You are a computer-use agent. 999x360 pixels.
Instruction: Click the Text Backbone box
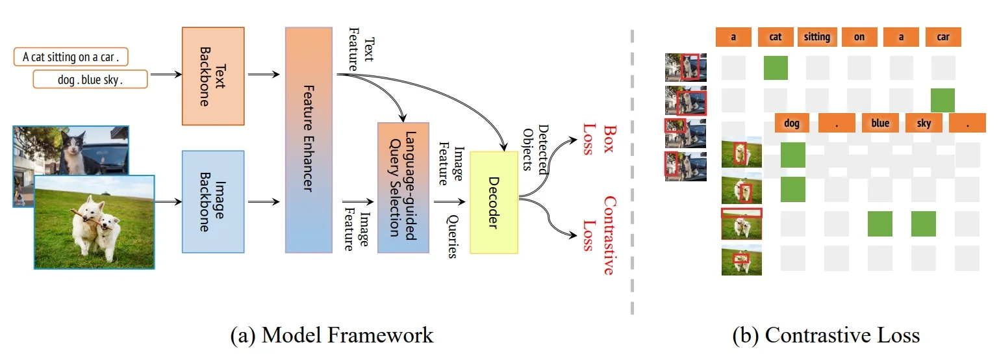pos(213,76)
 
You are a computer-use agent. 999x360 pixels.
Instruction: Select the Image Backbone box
pos(213,201)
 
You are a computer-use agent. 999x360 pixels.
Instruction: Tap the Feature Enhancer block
pos(309,140)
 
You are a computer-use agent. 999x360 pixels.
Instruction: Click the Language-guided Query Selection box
pos(403,187)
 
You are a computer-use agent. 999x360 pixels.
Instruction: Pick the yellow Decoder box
pos(494,202)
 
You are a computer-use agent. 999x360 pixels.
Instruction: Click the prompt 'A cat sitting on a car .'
pos(71,57)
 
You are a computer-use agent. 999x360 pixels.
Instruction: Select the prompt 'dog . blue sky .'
pos(90,80)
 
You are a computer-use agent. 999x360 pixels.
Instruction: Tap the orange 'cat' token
pos(776,37)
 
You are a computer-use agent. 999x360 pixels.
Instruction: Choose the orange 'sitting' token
pos(817,37)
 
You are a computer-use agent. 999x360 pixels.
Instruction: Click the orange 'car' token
pos(943,37)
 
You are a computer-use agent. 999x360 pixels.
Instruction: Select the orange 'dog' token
pos(792,123)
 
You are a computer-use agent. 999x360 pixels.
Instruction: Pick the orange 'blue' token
pos(880,123)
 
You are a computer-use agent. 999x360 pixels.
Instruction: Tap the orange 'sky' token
pos(923,123)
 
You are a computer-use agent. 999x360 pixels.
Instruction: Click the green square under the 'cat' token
pos(776,68)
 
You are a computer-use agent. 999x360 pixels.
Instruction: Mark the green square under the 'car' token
pos(942,100)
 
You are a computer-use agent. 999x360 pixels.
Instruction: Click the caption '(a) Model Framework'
pos(332,336)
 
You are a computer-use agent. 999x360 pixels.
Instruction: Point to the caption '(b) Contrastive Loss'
pos(826,336)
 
